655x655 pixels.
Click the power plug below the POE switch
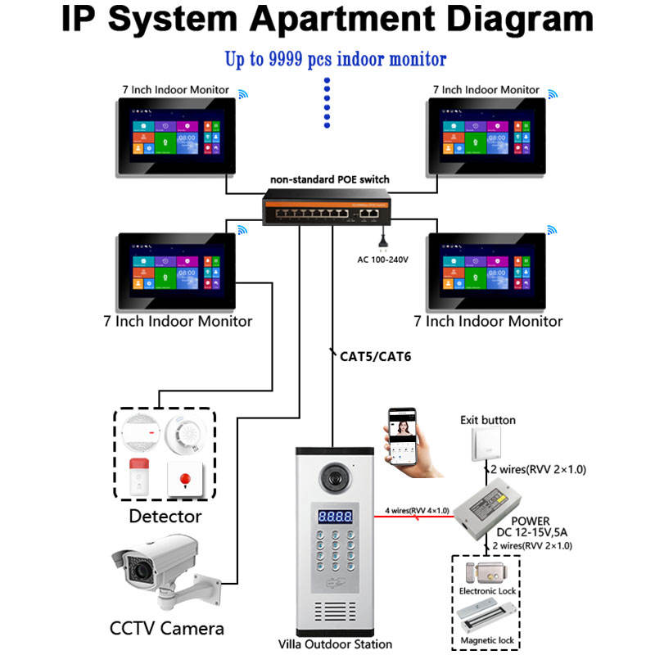[381, 240]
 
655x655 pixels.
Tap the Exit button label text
[487, 420]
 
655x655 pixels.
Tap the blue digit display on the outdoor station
[335, 517]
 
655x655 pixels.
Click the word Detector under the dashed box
[165, 517]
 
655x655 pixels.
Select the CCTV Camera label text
[166, 629]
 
